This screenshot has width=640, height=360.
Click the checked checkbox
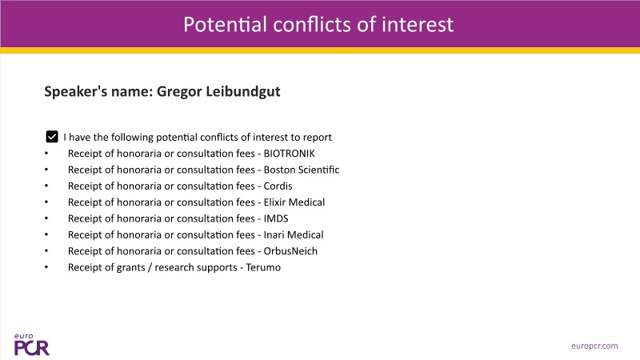click(52, 137)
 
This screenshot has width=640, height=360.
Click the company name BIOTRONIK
click(290, 154)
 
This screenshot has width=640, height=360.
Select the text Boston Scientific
click(302, 170)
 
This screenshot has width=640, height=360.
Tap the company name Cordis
click(278, 186)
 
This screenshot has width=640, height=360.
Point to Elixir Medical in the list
click(294, 202)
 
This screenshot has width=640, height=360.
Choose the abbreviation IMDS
click(276, 218)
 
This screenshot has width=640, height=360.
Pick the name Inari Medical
click(294, 235)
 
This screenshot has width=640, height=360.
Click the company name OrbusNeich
click(290, 251)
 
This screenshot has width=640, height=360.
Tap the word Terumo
click(263, 268)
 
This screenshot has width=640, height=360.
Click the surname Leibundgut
click(243, 91)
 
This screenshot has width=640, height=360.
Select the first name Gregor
click(179, 92)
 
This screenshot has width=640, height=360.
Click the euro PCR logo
click(31, 345)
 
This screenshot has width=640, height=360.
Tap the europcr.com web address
click(594, 346)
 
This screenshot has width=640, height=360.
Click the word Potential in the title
click(225, 25)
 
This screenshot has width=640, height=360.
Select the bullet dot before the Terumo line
click(46, 267)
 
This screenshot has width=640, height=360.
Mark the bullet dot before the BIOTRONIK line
click(46, 153)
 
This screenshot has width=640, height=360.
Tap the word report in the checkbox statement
click(317, 138)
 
